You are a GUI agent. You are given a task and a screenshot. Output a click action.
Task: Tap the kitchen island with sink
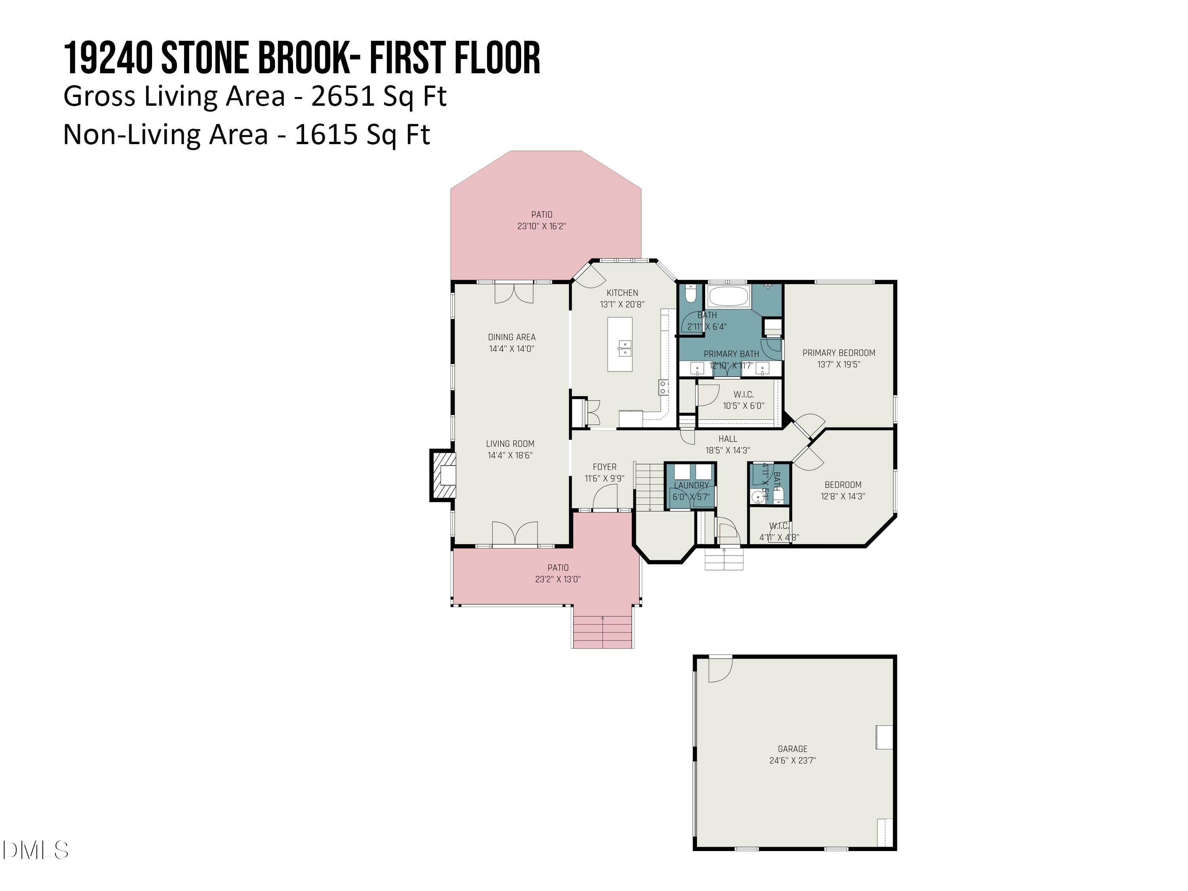[620, 344]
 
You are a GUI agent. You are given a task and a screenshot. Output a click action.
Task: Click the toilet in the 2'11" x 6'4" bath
[690, 293]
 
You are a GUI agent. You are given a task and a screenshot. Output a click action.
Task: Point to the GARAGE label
[792, 749]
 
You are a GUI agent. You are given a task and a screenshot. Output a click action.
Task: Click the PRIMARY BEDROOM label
[838, 353]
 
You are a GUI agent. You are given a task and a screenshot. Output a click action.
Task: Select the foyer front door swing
[605, 497]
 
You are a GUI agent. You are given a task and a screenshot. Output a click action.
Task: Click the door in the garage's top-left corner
[720, 669]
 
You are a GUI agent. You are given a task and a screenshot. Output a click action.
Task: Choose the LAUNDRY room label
[691, 485]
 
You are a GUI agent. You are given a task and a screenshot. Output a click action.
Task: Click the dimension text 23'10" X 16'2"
[541, 226]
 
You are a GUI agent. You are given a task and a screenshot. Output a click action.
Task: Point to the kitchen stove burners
[664, 387]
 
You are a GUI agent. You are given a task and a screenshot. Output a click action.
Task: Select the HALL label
[728, 439]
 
